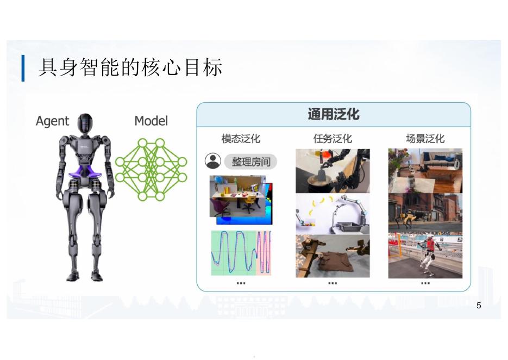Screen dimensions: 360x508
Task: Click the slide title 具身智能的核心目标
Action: point(130,69)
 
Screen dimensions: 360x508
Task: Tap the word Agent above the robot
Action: point(52,121)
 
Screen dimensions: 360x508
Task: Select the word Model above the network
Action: point(151,121)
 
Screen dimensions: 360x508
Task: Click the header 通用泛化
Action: point(333,115)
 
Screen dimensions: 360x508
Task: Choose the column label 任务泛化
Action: point(333,139)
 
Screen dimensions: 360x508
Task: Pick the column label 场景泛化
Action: point(425,139)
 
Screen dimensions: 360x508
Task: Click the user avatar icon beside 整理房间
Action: point(212,161)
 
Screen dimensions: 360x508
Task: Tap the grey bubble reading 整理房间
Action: point(250,162)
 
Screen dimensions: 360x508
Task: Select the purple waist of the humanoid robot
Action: point(87,173)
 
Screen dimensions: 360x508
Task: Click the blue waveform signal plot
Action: point(241,253)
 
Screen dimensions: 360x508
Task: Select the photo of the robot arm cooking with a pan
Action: point(333,171)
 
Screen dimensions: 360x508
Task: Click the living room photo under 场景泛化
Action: point(425,170)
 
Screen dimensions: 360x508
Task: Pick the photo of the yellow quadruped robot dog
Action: point(425,213)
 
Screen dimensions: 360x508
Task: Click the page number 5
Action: point(478,306)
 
